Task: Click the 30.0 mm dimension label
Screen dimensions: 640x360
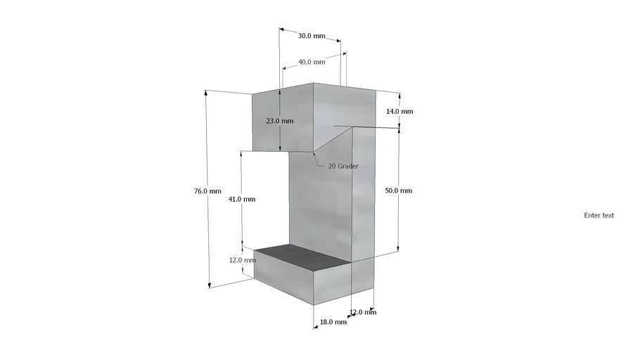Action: pos(312,36)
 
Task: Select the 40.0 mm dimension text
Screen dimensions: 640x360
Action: pos(312,62)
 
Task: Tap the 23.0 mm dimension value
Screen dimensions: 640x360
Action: pos(280,121)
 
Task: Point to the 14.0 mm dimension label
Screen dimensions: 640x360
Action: pos(399,111)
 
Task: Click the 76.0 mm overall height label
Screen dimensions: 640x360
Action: pos(207,191)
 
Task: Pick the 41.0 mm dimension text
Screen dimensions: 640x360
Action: pos(242,199)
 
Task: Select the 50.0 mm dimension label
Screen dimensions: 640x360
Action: pos(398,191)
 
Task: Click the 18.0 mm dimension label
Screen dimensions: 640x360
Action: pos(333,322)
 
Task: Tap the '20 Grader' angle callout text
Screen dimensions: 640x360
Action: pos(343,166)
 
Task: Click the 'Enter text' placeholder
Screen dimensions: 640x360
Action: pos(599,216)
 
